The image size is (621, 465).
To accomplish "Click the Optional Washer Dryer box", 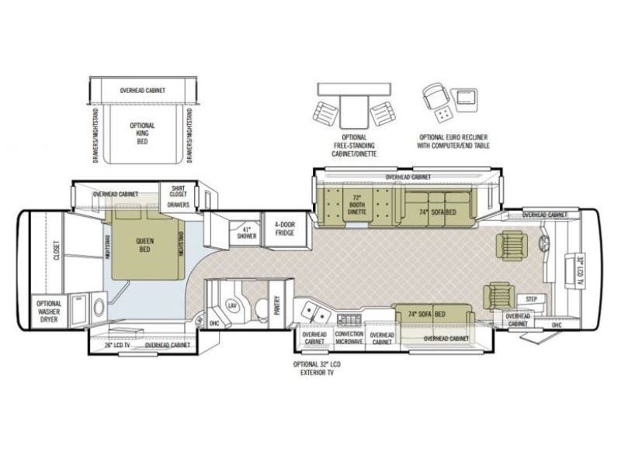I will (x=49, y=310).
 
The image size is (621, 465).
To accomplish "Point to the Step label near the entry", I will (x=532, y=298).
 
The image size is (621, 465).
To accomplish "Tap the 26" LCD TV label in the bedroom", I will (x=117, y=345).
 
